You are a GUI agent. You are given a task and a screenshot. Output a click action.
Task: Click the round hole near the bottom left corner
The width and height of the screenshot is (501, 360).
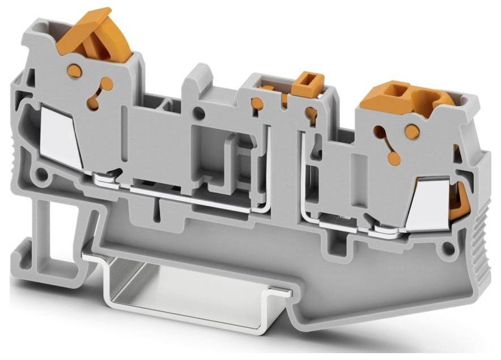tap(41, 173)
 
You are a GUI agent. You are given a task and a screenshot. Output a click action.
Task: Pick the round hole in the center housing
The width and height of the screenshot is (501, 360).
tap(198, 113)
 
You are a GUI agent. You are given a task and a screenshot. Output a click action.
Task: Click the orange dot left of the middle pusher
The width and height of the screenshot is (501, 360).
tap(257, 103)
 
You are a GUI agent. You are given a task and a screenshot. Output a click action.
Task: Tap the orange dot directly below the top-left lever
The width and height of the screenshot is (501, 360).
tap(73, 70)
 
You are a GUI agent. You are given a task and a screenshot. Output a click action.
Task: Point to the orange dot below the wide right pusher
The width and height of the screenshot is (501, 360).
tap(412, 132)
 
